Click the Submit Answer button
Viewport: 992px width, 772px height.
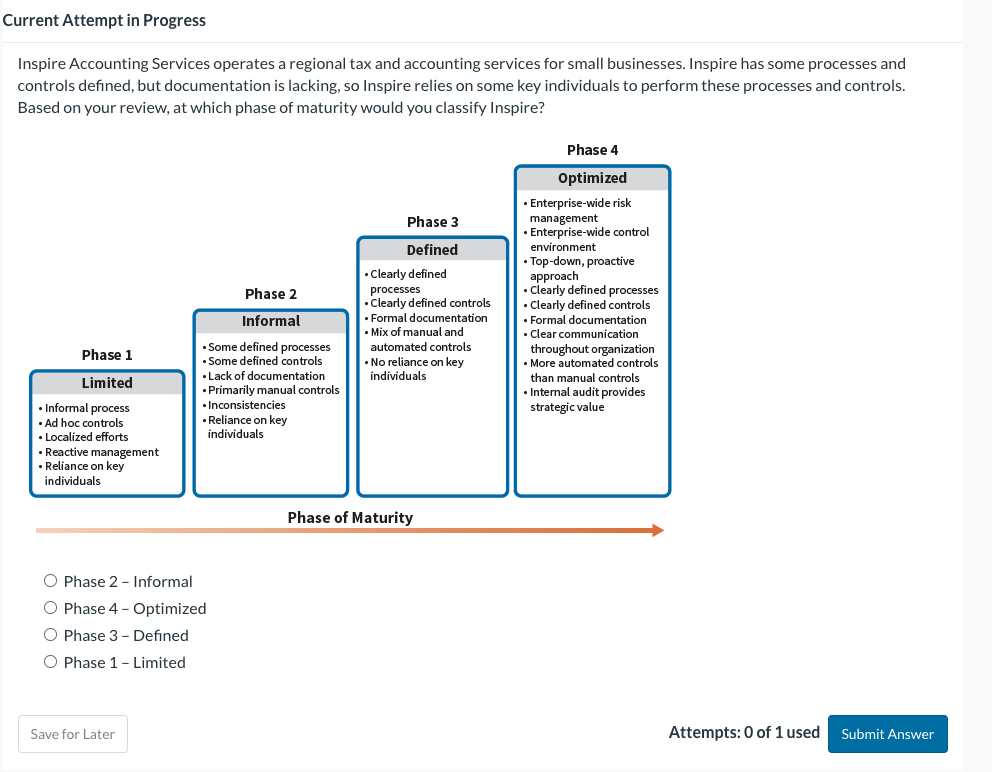point(887,734)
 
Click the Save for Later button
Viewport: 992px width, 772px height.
point(72,734)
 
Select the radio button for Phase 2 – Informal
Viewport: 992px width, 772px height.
point(50,581)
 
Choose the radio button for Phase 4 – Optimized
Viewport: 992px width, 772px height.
point(50,608)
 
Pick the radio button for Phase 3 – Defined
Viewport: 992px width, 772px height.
point(50,635)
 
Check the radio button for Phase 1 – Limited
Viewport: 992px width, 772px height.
point(50,662)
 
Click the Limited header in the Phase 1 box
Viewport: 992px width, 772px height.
point(107,383)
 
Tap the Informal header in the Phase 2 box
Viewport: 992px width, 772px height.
point(271,321)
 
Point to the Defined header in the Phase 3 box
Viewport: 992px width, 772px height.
point(432,250)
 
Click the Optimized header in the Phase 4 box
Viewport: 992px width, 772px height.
point(592,178)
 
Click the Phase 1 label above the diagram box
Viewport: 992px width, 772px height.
point(107,355)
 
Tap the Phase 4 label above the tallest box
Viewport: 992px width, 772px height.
point(592,150)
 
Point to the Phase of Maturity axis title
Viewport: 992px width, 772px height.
point(350,517)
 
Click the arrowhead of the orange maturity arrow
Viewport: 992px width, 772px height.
point(657,531)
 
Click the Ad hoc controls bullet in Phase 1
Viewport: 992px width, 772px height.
point(84,423)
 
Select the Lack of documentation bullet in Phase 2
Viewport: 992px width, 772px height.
point(266,376)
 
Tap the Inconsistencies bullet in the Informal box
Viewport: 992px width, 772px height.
point(246,405)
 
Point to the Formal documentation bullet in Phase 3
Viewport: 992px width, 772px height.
point(429,318)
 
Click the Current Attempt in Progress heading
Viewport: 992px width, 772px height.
point(104,20)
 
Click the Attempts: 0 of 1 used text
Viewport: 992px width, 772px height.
point(743,733)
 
